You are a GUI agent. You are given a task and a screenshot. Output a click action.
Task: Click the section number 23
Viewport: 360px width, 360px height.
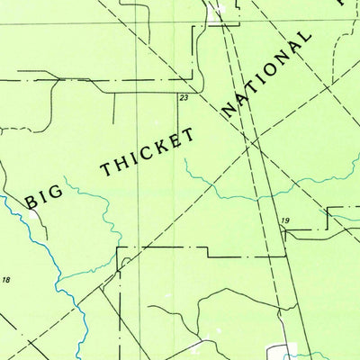tap(184, 96)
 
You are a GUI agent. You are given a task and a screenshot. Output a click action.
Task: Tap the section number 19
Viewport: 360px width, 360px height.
tap(285, 220)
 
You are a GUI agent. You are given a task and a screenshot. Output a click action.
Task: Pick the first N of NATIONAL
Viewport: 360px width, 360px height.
tap(227, 109)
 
